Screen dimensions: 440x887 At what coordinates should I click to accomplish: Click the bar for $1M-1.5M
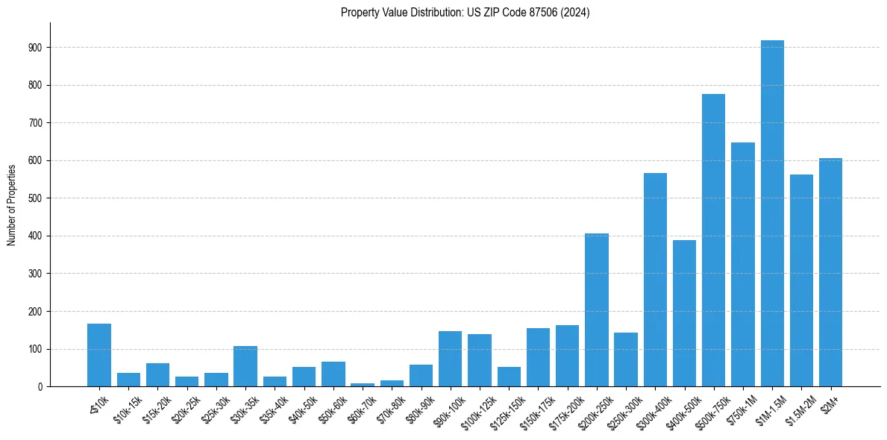tap(772, 213)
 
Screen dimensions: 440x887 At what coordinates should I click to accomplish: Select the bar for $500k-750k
tap(713, 240)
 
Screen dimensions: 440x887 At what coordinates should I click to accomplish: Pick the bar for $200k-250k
tap(597, 310)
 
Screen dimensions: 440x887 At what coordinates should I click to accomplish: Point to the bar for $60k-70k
tap(363, 385)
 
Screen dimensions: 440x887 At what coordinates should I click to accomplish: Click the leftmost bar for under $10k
tap(99, 355)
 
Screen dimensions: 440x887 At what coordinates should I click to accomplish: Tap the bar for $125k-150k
tap(509, 377)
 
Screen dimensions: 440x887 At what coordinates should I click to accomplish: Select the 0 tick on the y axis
tap(40, 386)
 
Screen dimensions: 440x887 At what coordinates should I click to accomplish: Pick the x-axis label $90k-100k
tap(449, 409)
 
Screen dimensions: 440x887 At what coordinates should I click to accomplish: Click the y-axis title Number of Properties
tap(12, 204)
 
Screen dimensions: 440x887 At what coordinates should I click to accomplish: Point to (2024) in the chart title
tap(576, 13)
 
